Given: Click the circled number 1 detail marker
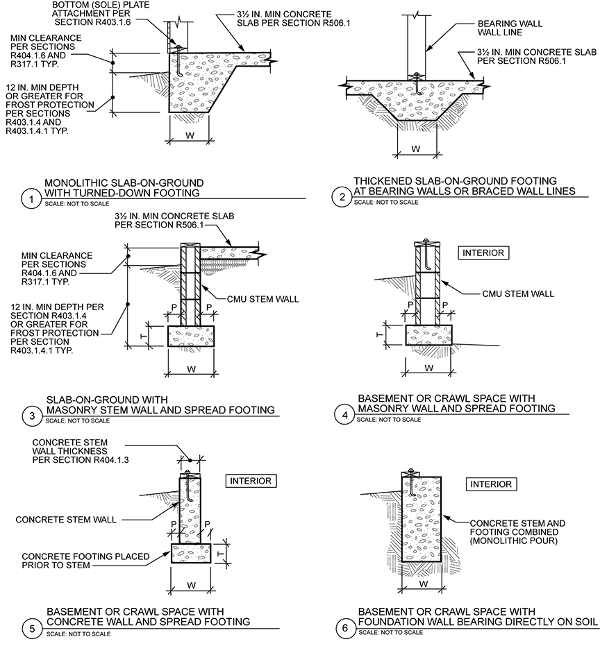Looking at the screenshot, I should (30, 199).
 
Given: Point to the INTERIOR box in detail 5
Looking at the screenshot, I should (248, 480).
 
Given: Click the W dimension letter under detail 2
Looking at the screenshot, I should (416, 148).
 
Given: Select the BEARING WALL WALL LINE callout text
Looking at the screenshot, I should (501, 28).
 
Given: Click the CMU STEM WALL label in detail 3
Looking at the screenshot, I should (262, 300).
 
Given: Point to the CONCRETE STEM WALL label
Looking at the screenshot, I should (65, 519).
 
